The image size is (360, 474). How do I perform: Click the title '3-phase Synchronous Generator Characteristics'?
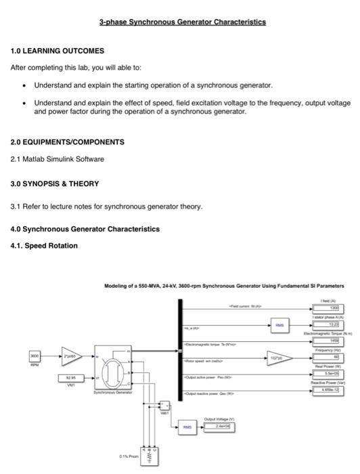click(x=183, y=22)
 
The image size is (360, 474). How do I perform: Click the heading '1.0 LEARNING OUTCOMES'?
click(x=58, y=51)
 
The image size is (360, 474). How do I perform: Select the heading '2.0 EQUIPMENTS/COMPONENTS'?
click(x=68, y=142)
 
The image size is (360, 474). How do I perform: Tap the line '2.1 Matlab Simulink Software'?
click(x=58, y=159)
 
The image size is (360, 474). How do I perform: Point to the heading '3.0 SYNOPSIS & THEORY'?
click(x=55, y=184)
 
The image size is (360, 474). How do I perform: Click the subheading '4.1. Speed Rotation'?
click(x=44, y=245)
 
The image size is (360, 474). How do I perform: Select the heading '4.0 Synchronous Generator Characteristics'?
click(x=85, y=229)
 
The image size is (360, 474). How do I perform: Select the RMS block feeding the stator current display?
click(x=279, y=325)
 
